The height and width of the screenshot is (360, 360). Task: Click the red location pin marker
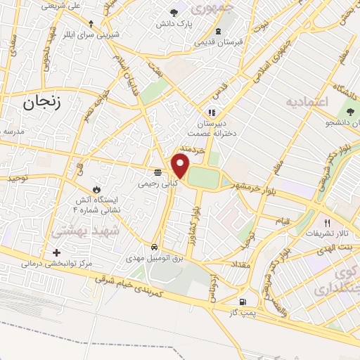coord(181,166)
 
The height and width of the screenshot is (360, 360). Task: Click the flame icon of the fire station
coord(96,191)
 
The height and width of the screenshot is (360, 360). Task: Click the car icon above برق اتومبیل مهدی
coord(154,247)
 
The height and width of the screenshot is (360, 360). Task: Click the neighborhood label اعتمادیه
coord(307,103)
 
